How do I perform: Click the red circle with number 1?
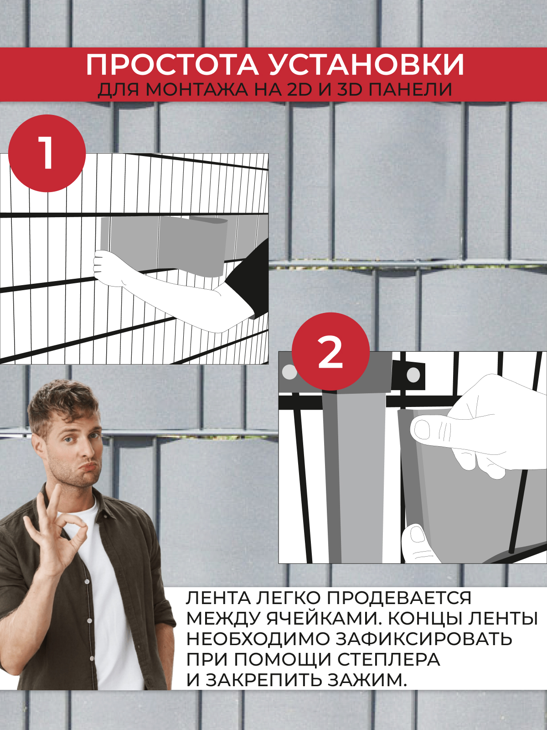[x=47, y=153]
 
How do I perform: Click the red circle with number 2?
[x=330, y=351]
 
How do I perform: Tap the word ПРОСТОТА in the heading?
[x=172, y=66]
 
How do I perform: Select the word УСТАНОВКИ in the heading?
[x=366, y=66]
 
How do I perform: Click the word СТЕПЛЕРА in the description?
[x=388, y=659]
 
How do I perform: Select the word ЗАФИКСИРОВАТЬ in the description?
[x=424, y=639]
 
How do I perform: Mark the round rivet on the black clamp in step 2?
[x=413, y=375]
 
